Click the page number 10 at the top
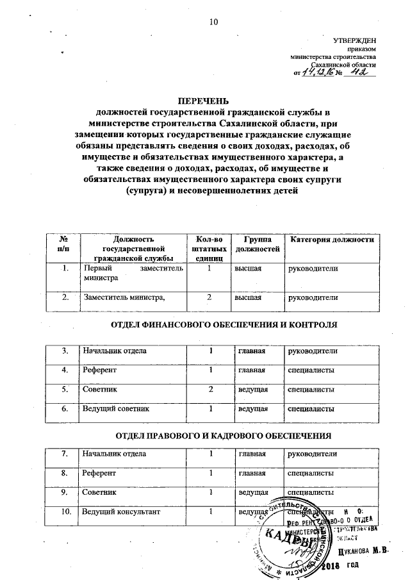click(213, 23)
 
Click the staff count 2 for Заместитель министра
click(209, 297)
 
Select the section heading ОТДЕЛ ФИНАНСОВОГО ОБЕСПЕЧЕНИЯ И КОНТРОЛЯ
click(224, 326)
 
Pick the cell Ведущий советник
click(114, 408)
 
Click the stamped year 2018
click(331, 567)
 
